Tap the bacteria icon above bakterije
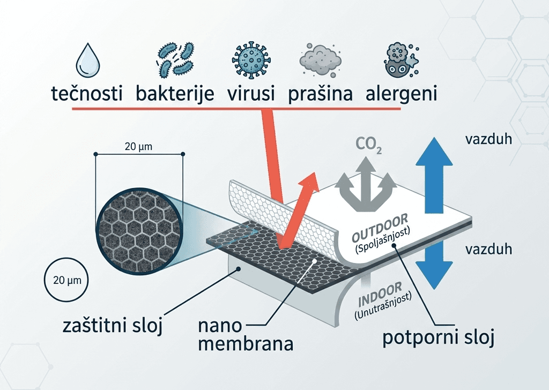point(175,60)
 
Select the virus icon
point(251,59)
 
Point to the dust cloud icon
point(320,60)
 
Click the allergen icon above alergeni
point(402,60)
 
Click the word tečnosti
point(87,93)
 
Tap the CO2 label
point(368,145)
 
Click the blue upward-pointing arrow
point(434,175)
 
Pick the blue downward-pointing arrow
point(434,260)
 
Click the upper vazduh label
point(488,139)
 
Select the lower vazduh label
point(488,249)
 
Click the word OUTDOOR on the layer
point(380,228)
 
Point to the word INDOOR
point(380,294)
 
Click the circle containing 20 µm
point(66,280)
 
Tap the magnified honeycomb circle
point(139,231)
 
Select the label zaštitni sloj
point(113,325)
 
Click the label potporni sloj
point(438,337)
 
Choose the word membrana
point(246,343)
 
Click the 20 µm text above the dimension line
point(139,147)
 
